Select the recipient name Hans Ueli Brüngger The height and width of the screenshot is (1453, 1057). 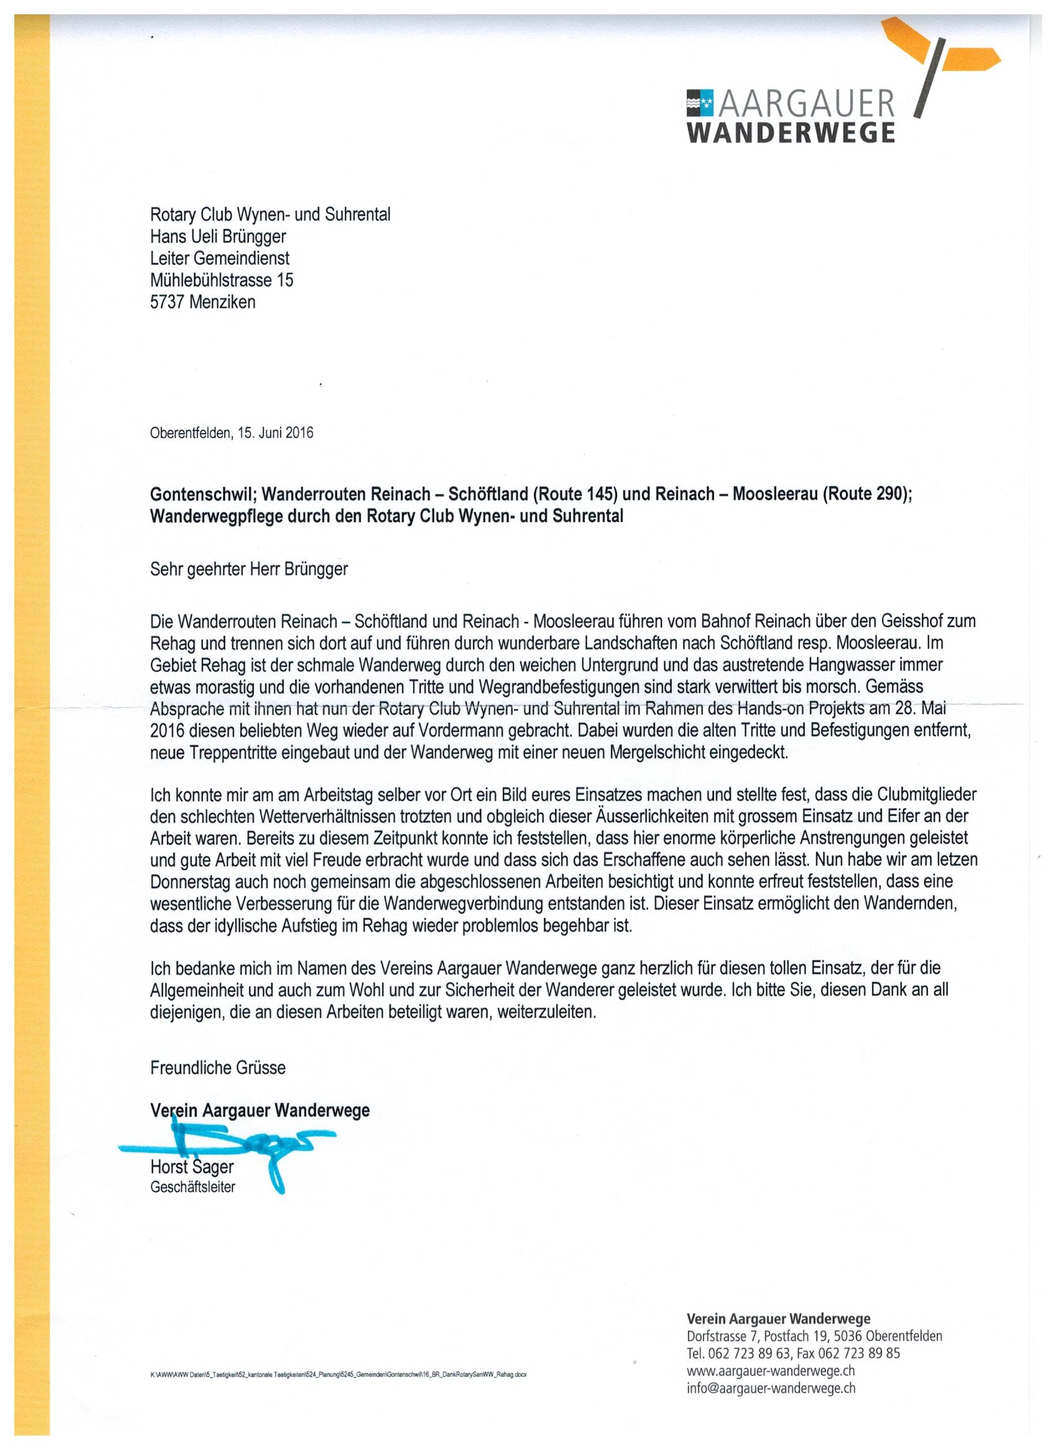click(218, 236)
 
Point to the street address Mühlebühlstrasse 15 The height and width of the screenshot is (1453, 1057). click(222, 280)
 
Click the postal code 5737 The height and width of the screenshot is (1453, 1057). click(168, 302)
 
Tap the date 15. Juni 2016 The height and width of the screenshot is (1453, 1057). click(275, 433)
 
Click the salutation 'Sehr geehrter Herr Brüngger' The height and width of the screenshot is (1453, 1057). click(249, 569)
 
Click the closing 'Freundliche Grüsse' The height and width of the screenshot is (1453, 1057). click(218, 1068)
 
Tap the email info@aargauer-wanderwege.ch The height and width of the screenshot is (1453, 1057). click(771, 1388)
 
